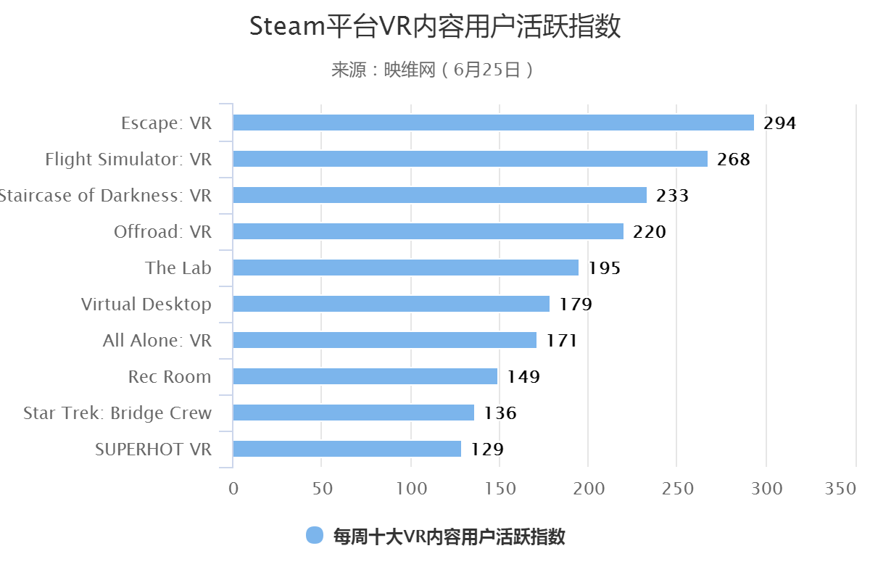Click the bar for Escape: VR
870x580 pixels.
coord(493,123)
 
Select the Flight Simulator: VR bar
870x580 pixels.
coord(470,159)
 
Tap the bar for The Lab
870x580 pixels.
coord(405,268)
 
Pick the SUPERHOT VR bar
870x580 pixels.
coord(347,449)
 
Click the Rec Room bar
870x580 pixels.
coord(365,376)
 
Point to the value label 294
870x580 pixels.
coord(780,123)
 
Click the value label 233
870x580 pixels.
coord(672,196)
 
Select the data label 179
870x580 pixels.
coord(576,304)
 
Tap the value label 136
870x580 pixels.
coord(500,413)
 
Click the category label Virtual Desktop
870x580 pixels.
coord(146,304)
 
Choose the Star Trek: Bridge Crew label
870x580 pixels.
coord(117,413)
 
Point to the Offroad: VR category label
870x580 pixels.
coord(162,232)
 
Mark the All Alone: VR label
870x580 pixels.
coord(157,341)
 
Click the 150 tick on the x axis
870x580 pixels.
coord(500,489)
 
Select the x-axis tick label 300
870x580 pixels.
coord(766,489)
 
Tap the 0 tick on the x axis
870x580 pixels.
coord(233,489)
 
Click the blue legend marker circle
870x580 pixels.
coord(315,536)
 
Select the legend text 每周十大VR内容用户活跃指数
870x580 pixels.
coord(449,536)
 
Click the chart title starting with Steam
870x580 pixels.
coord(435,27)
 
